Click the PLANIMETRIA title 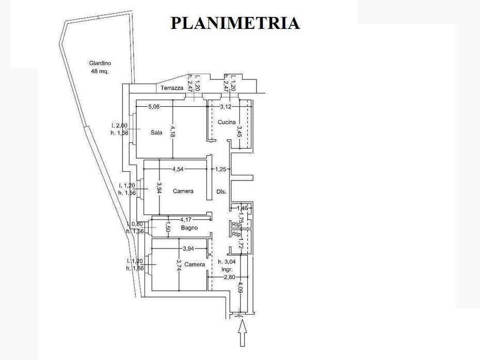[235, 23]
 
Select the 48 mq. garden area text [100, 72]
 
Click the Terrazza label [172, 88]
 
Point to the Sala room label [156, 133]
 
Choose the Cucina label [227, 122]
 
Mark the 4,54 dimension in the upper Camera [179, 169]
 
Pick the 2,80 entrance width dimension [230, 277]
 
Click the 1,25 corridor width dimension [221, 169]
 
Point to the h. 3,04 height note [227, 261]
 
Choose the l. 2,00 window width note [120, 126]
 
